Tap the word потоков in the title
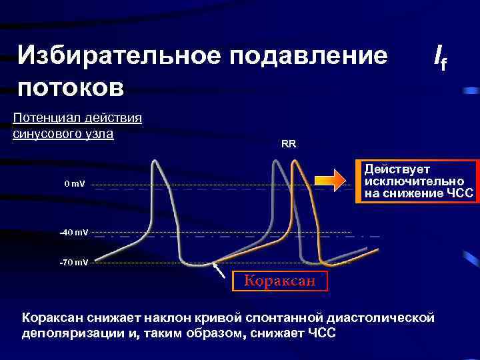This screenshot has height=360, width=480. point(71,87)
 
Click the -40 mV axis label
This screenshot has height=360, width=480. point(73,232)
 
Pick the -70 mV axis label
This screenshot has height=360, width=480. point(73,263)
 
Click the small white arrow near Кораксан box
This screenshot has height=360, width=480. point(218,270)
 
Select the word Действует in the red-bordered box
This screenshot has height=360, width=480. point(397,169)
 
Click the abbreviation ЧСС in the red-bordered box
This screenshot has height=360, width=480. point(460,193)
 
